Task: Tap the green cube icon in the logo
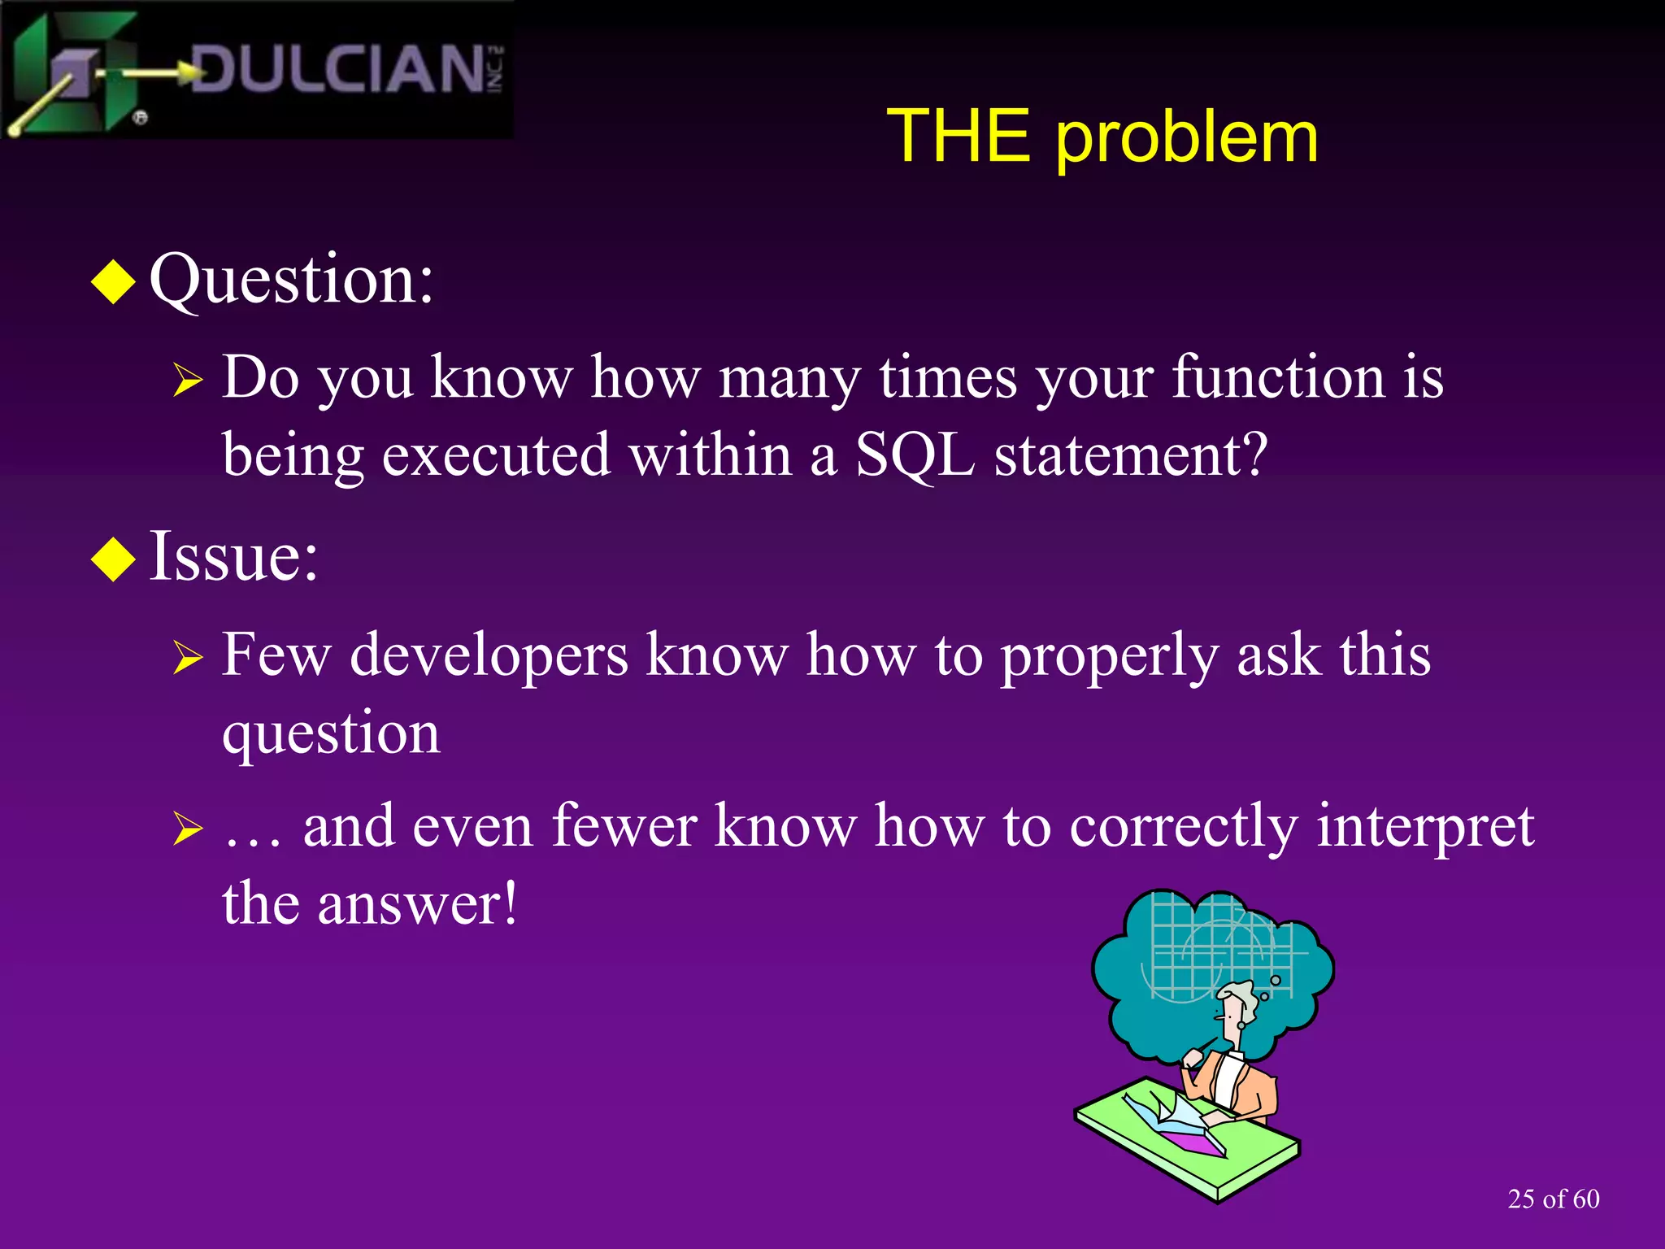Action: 77,73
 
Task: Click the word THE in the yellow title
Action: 958,137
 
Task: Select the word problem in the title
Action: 1186,138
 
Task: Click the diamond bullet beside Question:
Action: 113,282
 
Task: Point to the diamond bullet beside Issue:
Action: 113,559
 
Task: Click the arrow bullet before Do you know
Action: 187,380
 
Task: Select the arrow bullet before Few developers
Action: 187,657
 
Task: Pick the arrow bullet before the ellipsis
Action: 187,829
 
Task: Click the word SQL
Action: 915,455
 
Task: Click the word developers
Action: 489,655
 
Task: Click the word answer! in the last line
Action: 417,904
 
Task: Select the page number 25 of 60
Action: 1553,1199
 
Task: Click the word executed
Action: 496,455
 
